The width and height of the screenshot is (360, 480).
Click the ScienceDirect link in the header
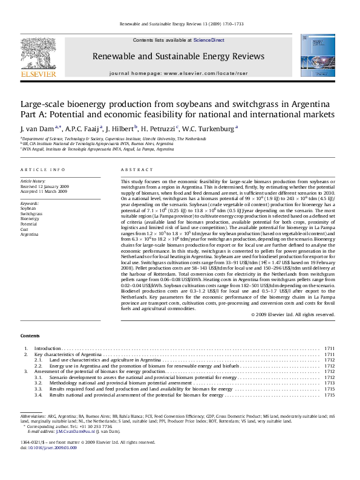pos(209,40)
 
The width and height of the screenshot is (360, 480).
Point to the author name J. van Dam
pos(39,128)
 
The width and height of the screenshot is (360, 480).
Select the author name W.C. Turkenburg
pos(215,128)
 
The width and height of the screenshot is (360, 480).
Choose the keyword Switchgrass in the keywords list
pos(31,213)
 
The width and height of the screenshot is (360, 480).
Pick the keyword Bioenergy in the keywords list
pos(30,218)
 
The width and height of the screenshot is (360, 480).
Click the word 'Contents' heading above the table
pos(31,335)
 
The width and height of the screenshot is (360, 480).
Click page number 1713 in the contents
pos(330,383)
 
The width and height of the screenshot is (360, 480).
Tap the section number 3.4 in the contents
pos(38,395)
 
